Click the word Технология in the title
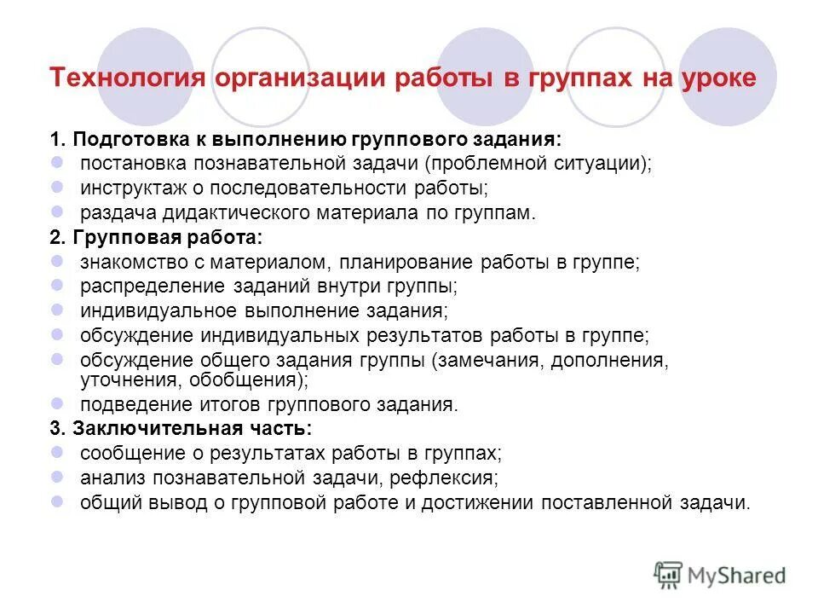click(125, 78)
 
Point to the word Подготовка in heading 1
click(121, 139)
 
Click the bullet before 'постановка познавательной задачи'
click(57, 161)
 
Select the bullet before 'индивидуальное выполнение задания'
click(57, 310)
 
